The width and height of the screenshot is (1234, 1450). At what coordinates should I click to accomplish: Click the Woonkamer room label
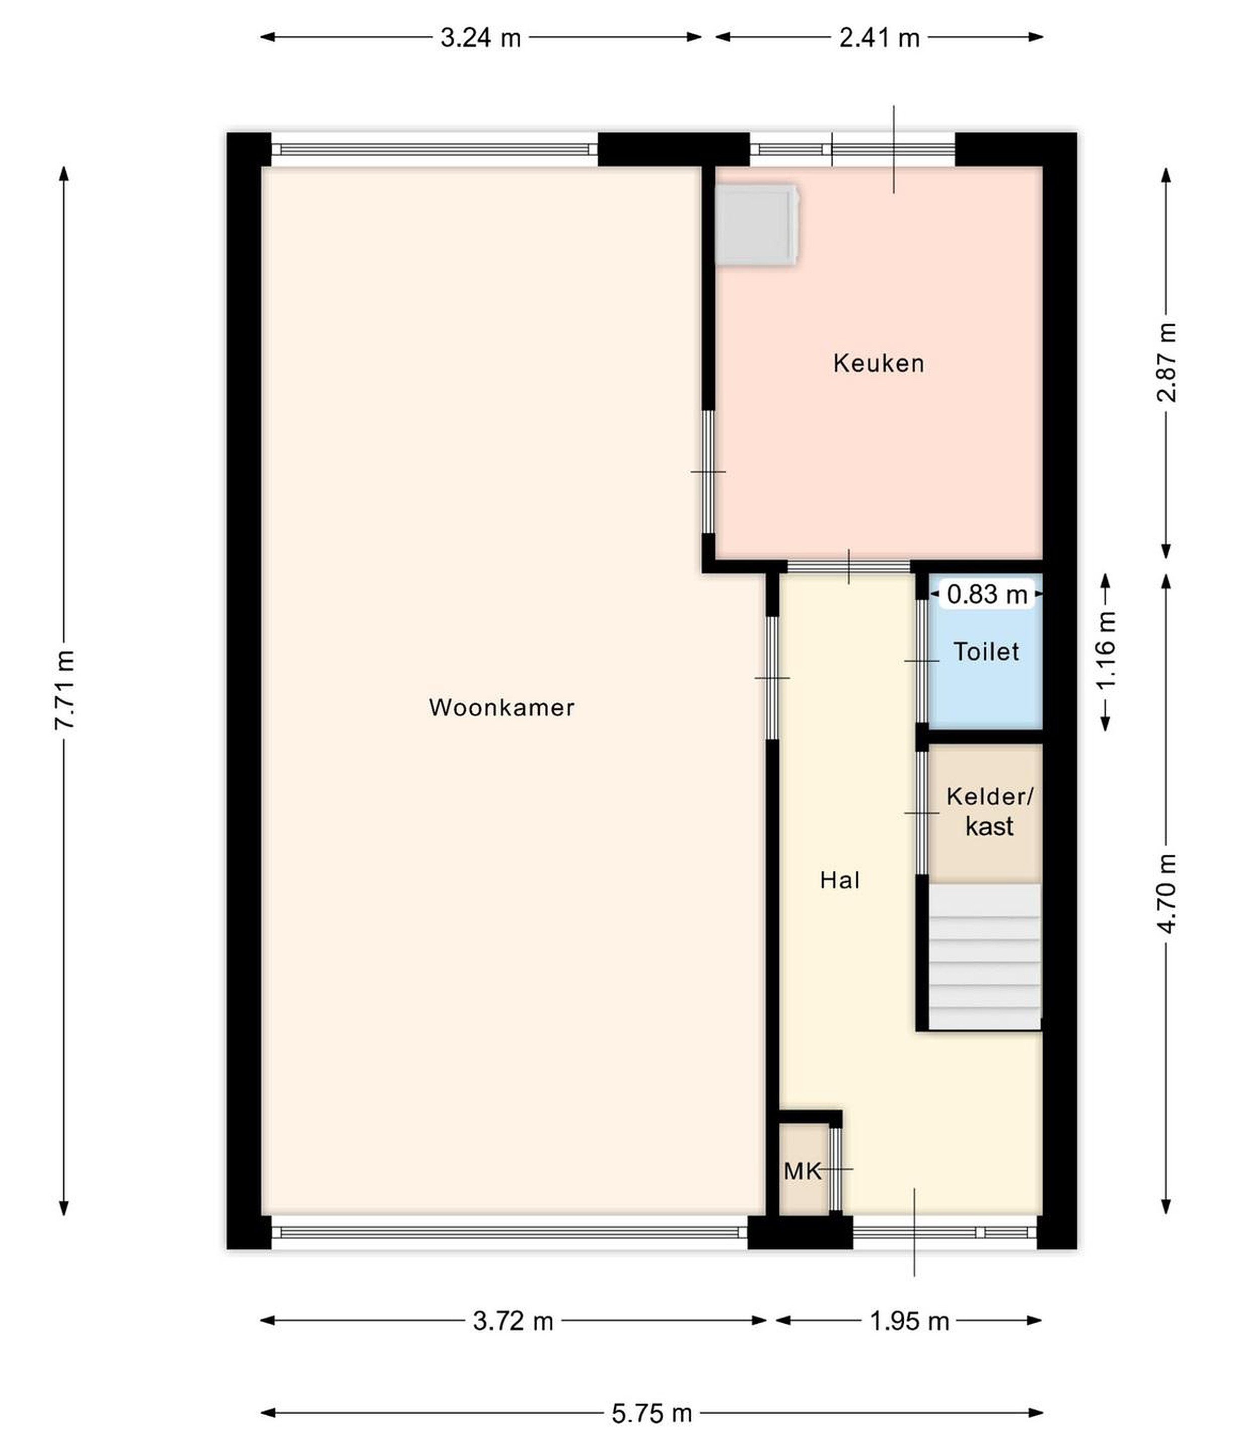(501, 707)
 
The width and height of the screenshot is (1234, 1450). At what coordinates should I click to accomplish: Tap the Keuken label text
(879, 363)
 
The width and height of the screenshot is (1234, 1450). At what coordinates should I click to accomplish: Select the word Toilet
(986, 652)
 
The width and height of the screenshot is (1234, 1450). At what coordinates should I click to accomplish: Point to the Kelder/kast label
(989, 812)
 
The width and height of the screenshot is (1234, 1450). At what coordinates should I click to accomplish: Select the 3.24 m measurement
(481, 38)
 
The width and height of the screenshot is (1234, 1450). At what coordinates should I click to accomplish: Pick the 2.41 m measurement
(880, 38)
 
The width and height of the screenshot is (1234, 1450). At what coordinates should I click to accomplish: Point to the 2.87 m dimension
(1166, 362)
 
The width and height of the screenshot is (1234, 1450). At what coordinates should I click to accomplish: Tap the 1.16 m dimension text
(1106, 650)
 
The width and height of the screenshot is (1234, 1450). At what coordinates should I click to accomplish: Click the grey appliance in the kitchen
(757, 224)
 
